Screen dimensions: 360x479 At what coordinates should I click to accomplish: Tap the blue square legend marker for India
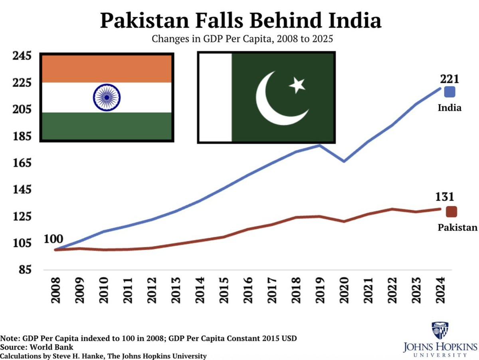(x=450, y=92)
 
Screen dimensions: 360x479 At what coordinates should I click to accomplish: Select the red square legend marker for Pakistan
(x=451, y=212)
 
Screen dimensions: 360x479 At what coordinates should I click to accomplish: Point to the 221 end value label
(x=449, y=79)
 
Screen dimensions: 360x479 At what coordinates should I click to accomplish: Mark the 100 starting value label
(x=53, y=239)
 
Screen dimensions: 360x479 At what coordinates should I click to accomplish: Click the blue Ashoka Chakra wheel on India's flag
(x=107, y=97)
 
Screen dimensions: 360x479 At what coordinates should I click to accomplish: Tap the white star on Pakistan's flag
(x=297, y=85)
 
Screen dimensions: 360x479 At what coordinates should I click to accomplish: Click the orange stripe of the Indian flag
(x=107, y=68)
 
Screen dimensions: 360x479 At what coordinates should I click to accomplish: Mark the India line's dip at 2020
(x=344, y=161)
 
